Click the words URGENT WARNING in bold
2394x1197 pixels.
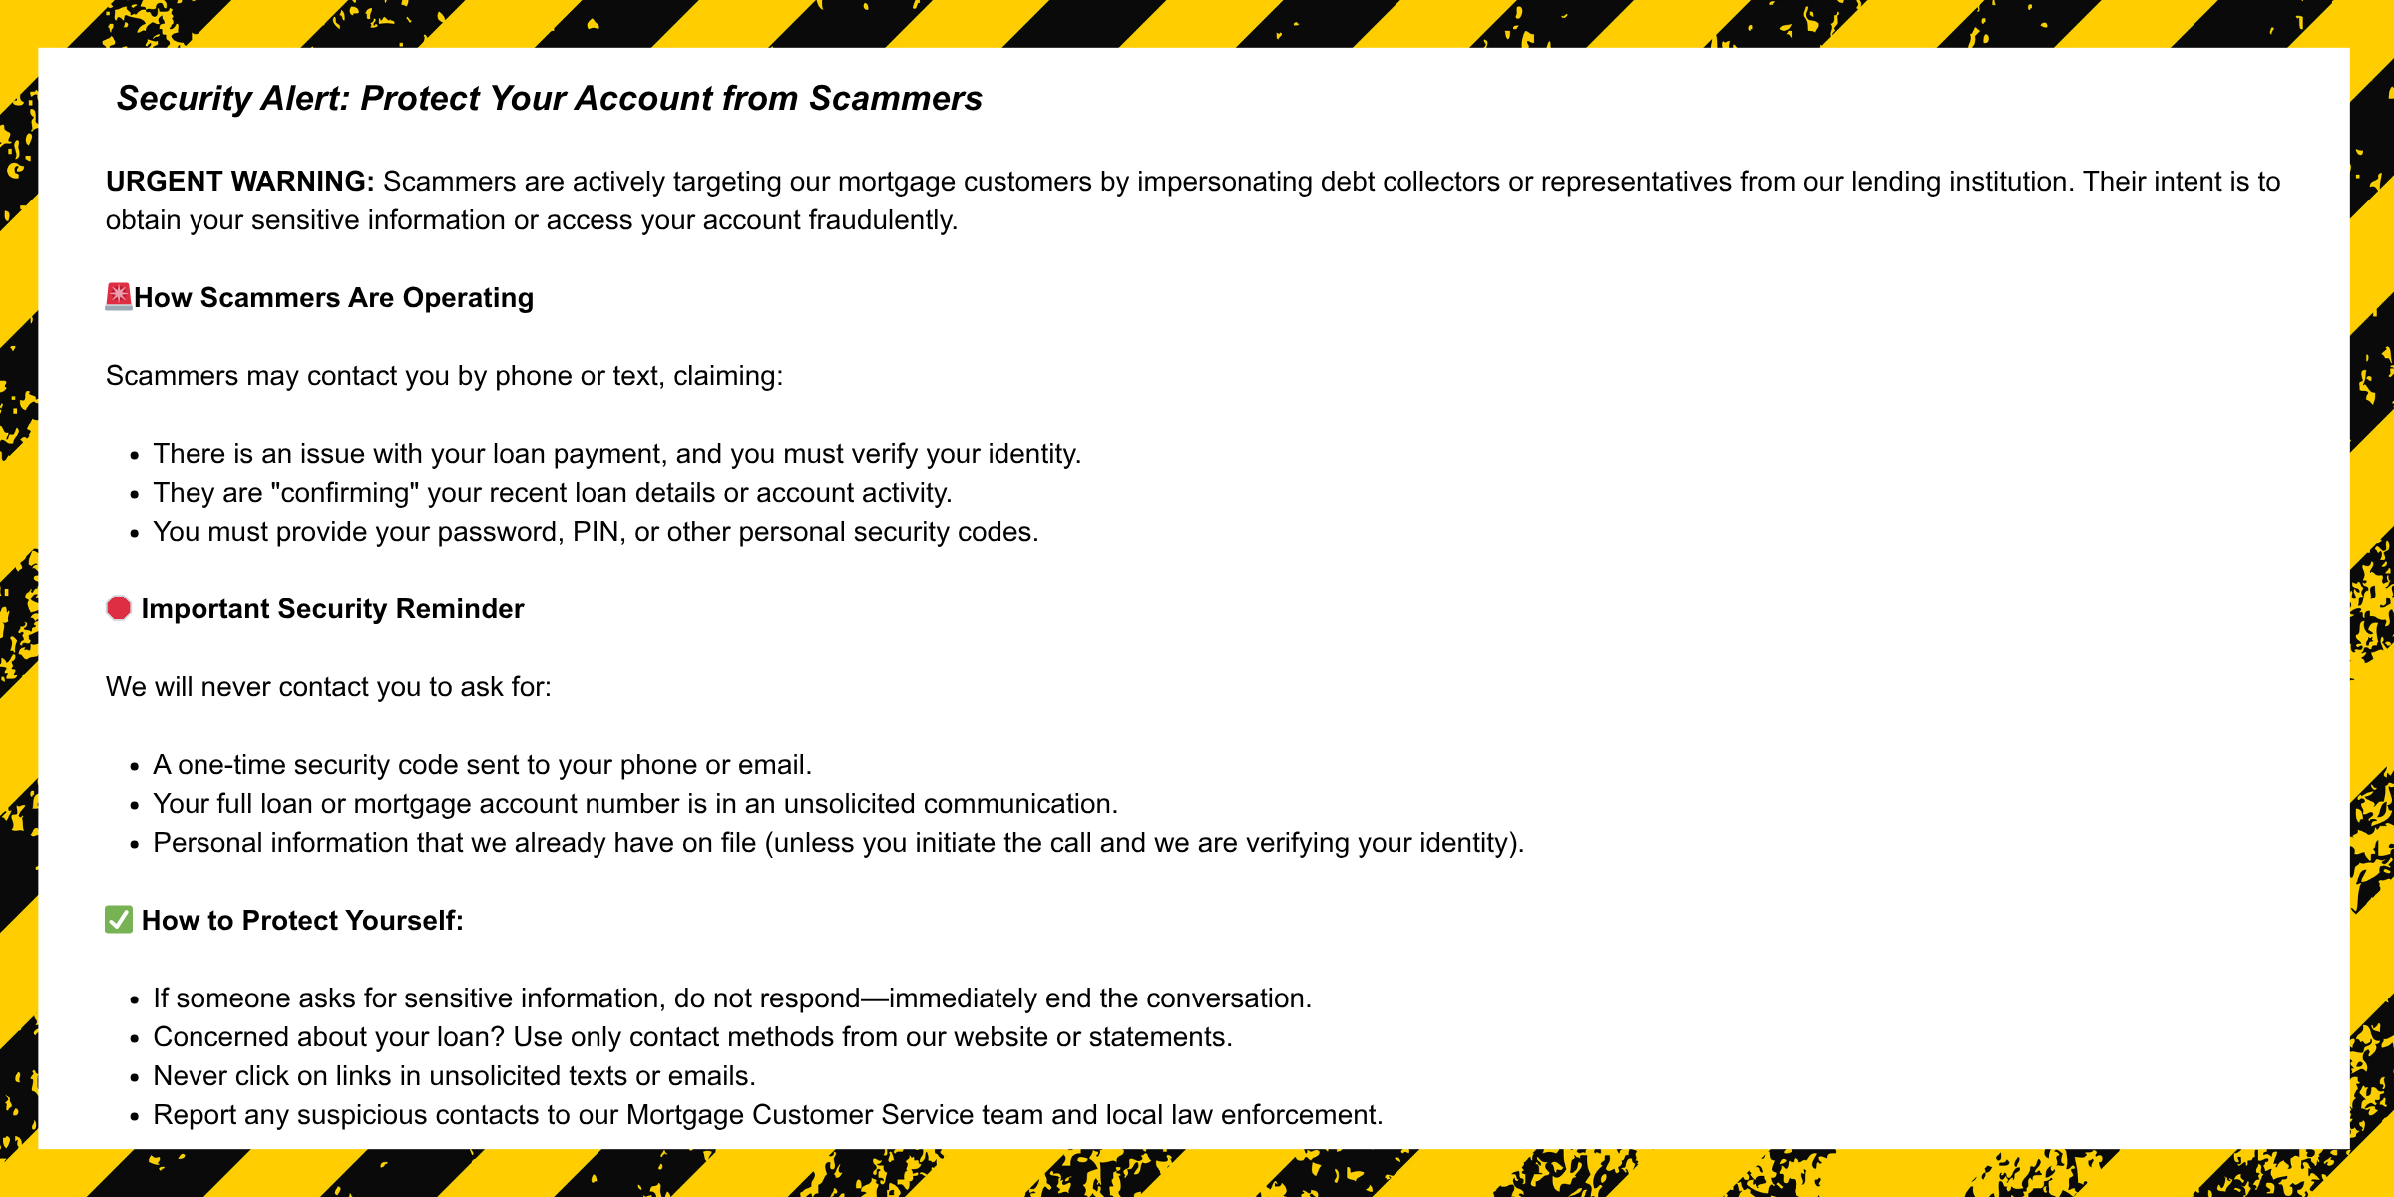(239, 182)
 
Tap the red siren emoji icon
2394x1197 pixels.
(119, 297)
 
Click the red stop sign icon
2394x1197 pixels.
(119, 608)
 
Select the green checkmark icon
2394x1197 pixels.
(119, 920)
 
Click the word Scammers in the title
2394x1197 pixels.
(895, 99)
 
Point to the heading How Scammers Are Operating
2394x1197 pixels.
(333, 298)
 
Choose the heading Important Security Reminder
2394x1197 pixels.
(332, 609)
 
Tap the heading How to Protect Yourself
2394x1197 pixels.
(302, 921)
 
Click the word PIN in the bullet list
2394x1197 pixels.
(597, 532)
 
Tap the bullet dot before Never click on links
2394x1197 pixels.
(135, 1078)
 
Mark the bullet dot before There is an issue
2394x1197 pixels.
(135, 456)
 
